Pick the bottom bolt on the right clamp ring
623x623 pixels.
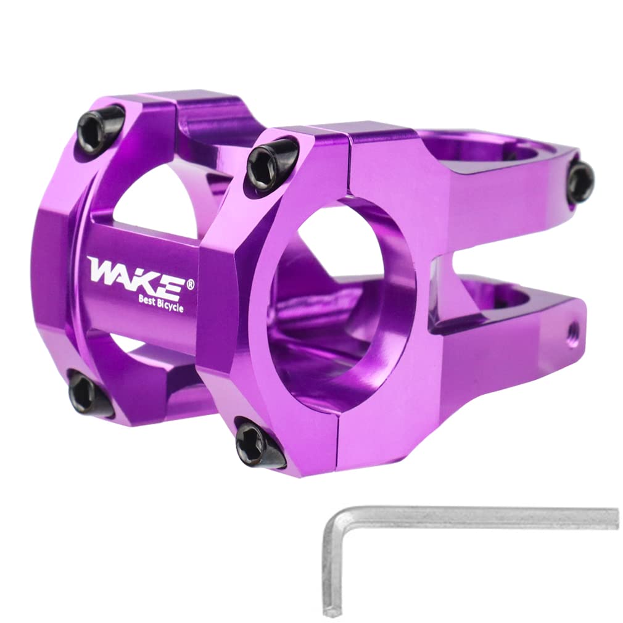[x=257, y=442]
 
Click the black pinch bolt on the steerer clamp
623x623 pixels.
[x=580, y=181]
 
